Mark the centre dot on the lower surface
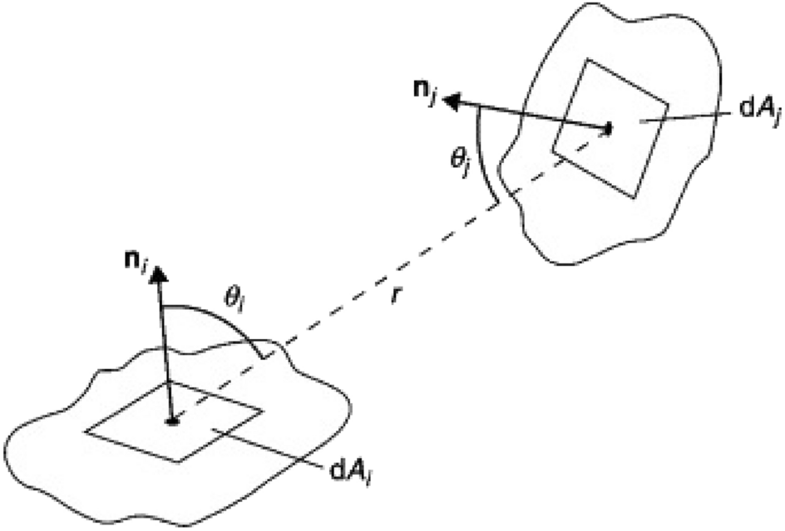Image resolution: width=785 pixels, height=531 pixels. [x=173, y=421]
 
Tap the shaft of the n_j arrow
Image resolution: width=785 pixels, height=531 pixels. [x=532, y=116]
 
